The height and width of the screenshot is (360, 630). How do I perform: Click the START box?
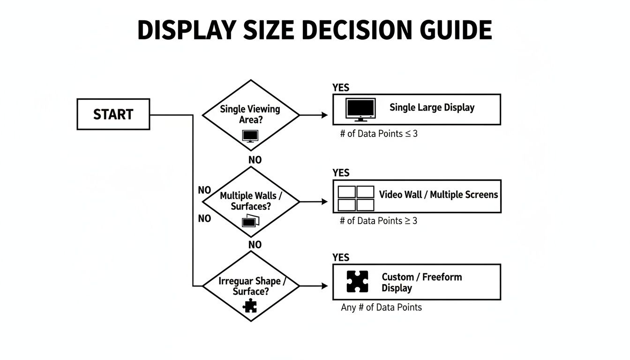point(113,114)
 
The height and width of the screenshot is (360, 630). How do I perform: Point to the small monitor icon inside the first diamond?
point(250,136)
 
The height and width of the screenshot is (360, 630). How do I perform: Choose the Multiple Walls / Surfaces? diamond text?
point(251,201)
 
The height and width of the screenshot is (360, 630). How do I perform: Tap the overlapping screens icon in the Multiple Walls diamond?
point(250,221)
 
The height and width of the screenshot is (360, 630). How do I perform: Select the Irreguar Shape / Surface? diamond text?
point(251,286)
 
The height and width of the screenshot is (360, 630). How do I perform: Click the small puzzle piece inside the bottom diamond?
point(250,306)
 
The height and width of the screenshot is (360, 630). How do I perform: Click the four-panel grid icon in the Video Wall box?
point(356,198)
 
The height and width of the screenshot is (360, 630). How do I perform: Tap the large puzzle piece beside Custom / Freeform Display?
point(357,282)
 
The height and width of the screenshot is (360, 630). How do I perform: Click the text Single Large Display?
point(432,107)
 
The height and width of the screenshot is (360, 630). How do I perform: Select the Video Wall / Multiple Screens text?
point(438,195)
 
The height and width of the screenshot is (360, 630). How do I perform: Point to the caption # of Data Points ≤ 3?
point(379,134)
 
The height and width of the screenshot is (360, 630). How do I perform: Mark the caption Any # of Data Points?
point(381,307)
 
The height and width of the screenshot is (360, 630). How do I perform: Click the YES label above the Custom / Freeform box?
point(341,257)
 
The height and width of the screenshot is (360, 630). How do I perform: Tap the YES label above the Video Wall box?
point(341,172)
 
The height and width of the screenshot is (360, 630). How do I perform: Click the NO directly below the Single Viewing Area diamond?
point(255,160)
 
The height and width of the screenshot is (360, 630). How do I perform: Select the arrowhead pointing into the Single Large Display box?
point(324,115)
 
